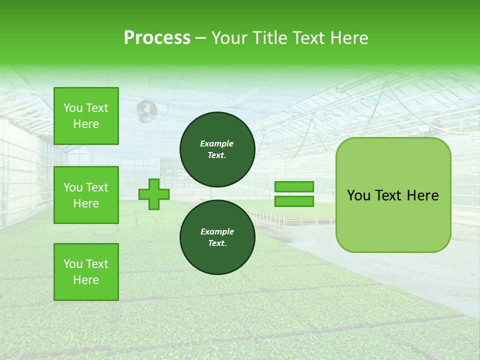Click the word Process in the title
pos(157,38)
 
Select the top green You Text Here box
pos(86,116)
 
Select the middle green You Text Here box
pos(86,195)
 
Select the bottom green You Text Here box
pos(86,272)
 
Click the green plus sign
pos(154,194)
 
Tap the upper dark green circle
pos(217,149)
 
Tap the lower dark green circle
pos(217,237)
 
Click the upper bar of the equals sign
pos(294,186)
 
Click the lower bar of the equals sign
pos(294,201)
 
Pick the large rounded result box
pos(393,195)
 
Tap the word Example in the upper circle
pos(217,143)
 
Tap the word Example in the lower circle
pos(217,231)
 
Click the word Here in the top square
pos(86,124)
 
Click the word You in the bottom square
pos(72,264)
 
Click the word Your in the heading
pos(230,38)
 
